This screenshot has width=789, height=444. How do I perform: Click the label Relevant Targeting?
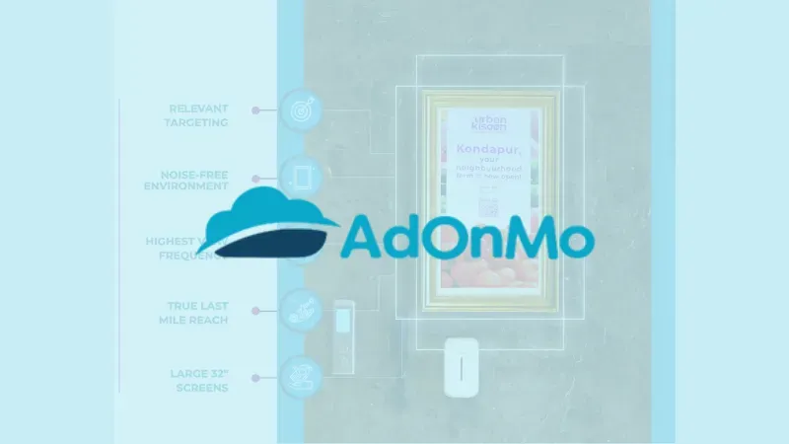point(196,114)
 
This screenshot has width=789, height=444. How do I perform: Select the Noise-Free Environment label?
point(186,179)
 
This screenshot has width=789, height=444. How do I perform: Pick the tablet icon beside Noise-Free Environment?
point(301,177)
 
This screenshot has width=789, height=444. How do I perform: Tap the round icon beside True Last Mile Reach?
point(301,310)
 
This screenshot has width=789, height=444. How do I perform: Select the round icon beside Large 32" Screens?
point(301,376)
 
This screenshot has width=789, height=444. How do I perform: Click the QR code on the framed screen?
point(487,206)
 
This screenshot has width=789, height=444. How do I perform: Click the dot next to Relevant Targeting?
point(255,111)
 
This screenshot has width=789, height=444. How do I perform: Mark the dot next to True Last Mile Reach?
point(255,310)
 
